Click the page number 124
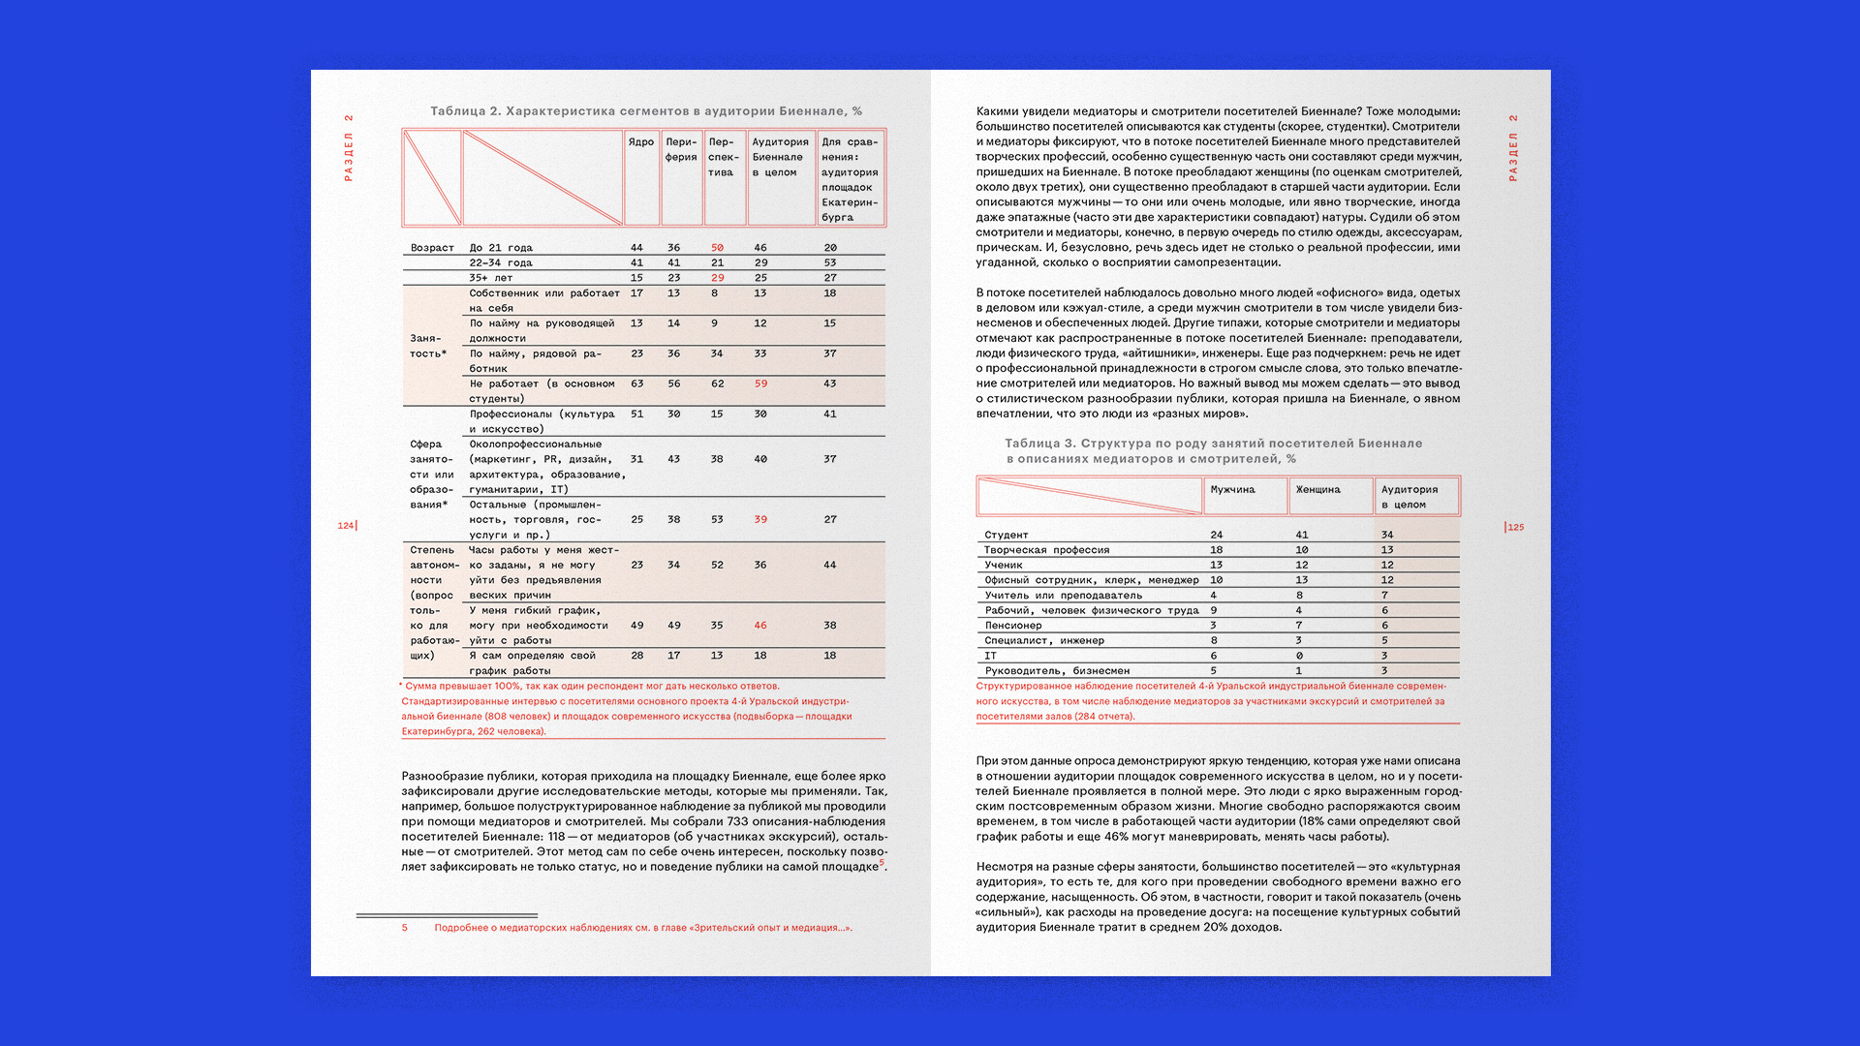click(346, 526)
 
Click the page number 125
click(1516, 528)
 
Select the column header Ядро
click(640, 142)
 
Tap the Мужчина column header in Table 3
click(1232, 490)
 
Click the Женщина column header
click(1317, 490)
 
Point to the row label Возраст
click(432, 248)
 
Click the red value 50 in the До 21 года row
click(717, 248)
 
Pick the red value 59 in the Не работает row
click(760, 385)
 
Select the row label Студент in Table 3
click(1007, 536)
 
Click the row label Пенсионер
click(1013, 626)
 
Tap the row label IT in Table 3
click(991, 657)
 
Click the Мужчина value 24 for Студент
click(1217, 536)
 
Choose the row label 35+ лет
click(491, 278)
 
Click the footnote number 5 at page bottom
click(405, 928)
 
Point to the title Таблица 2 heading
click(646, 111)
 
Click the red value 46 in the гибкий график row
click(760, 626)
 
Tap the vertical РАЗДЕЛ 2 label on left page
click(349, 148)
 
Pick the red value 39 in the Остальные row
click(760, 520)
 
